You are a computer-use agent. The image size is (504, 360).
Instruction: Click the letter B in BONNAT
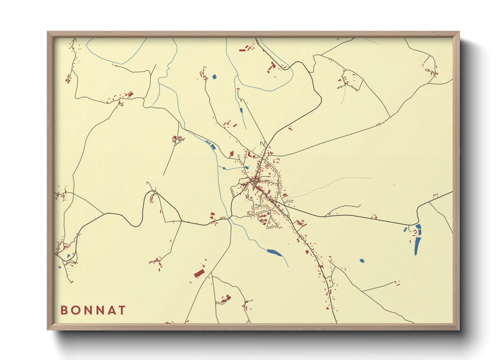pos(64,310)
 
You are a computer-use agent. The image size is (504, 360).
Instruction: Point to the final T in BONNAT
pos(122,310)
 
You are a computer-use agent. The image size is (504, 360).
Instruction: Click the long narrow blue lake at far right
pos(418,240)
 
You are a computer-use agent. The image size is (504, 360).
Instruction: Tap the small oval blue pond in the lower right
pos(362,261)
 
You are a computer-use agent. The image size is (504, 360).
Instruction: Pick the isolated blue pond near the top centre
pos(214,77)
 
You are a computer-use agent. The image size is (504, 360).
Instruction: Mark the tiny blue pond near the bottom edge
pos(251,309)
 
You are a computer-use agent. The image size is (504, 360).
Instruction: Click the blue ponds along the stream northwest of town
pos(211,145)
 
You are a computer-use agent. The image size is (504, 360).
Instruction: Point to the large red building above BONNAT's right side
pos(199,273)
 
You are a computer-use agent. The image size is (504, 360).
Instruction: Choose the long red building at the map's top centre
pos(242,50)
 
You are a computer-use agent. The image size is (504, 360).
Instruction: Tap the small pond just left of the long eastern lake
pos(405,229)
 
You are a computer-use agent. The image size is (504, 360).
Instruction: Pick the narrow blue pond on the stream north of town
pos(241,110)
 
